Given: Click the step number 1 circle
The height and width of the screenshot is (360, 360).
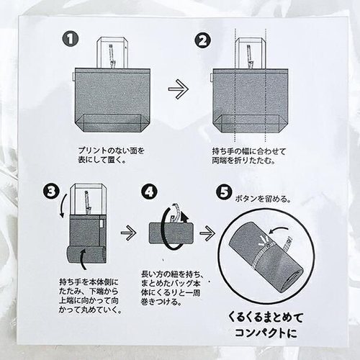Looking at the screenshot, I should click(69, 38).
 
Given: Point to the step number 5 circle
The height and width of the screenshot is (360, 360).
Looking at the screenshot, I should click(224, 194).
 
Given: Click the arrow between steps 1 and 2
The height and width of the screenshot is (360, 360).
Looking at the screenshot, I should click(177, 90).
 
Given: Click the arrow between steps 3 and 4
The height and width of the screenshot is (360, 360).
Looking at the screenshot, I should click(127, 233).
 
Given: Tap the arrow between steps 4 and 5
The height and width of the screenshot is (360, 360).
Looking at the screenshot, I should click(207, 233).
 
